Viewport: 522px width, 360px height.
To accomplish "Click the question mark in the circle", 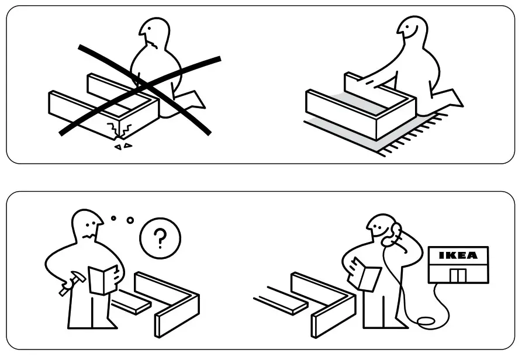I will click(x=160, y=238).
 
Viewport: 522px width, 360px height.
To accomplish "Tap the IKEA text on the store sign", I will click(x=458, y=255).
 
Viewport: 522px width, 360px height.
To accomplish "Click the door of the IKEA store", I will click(x=458, y=275).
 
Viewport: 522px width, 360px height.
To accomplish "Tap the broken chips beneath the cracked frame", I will click(x=123, y=146).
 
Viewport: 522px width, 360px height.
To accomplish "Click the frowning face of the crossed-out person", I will click(x=154, y=39).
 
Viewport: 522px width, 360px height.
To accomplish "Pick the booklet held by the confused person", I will click(x=104, y=279).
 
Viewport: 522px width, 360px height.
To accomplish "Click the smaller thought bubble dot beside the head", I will click(x=114, y=218).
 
